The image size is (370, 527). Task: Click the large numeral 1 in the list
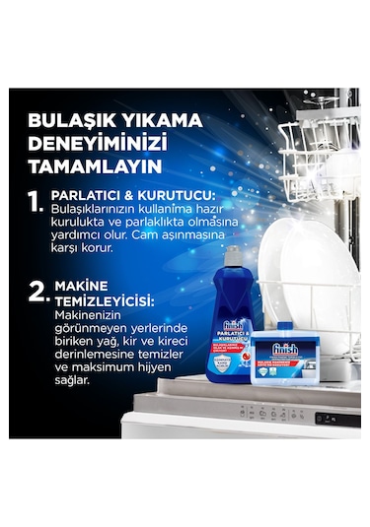[x=36, y=203]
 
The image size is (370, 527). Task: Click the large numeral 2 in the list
[x=38, y=291]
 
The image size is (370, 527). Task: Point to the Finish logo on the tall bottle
[x=233, y=326]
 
